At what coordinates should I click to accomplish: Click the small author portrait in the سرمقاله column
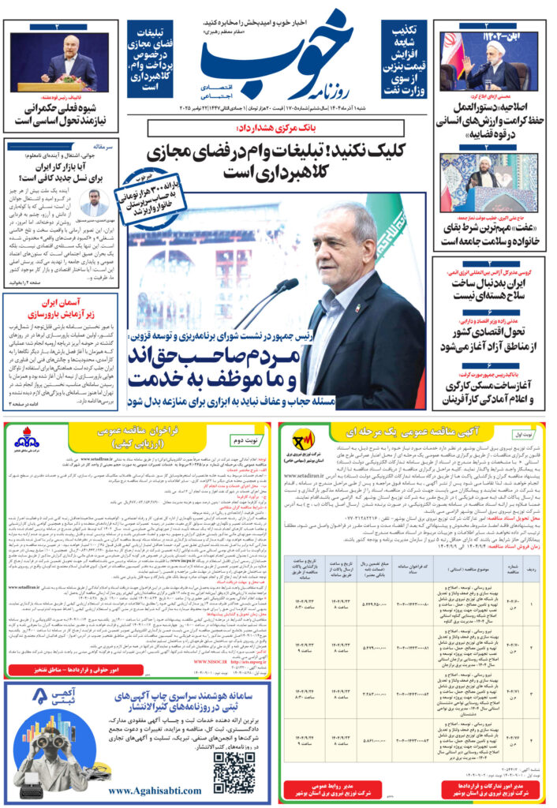tap(95, 202)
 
